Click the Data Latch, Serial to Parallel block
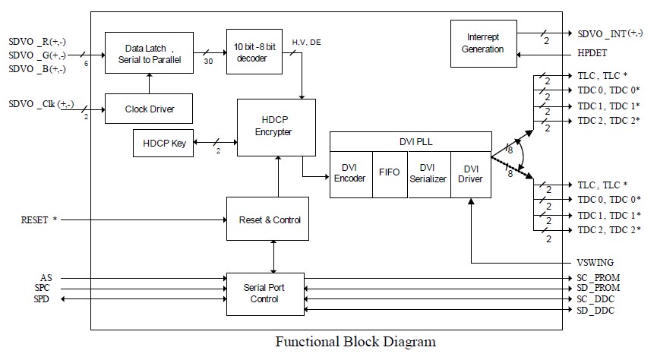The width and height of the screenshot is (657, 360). (149, 53)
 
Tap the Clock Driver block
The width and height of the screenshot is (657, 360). (149, 109)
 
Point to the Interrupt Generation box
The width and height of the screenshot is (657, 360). (485, 43)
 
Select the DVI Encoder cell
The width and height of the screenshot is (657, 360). (350, 174)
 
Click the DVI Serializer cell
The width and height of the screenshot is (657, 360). (427, 174)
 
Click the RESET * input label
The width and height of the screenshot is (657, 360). (39, 220)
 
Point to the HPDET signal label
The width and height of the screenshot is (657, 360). (592, 55)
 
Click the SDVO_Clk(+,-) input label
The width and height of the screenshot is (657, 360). (43, 104)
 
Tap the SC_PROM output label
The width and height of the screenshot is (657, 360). (599, 279)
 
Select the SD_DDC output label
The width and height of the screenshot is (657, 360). (595, 311)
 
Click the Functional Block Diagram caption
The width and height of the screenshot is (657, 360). (355, 341)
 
